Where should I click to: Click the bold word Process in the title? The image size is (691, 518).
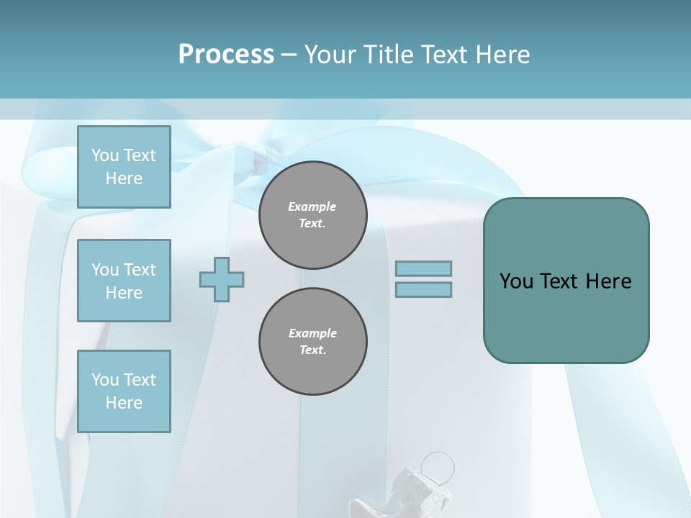click(x=226, y=55)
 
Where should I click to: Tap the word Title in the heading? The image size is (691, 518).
click(x=387, y=55)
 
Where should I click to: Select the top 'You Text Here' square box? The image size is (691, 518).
click(x=124, y=167)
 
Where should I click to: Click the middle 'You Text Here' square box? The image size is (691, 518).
click(x=124, y=281)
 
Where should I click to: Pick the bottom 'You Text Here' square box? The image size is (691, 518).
click(x=124, y=391)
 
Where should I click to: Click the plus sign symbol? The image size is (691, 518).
click(x=222, y=279)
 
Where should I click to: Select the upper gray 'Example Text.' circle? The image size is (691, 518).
click(x=312, y=214)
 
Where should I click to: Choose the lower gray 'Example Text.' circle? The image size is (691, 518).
click(x=312, y=341)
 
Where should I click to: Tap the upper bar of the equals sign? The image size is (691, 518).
click(x=423, y=268)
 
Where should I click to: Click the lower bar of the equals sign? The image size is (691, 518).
click(x=423, y=289)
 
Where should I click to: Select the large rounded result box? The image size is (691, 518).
click(x=566, y=281)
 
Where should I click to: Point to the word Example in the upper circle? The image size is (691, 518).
click(x=312, y=206)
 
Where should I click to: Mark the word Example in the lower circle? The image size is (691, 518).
click(x=312, y=333)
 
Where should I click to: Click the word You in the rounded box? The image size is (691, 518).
click(x=516, y=281)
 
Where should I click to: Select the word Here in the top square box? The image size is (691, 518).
click(x=124, y=178)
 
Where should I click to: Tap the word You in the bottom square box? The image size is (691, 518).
click(x=105, y=380)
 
